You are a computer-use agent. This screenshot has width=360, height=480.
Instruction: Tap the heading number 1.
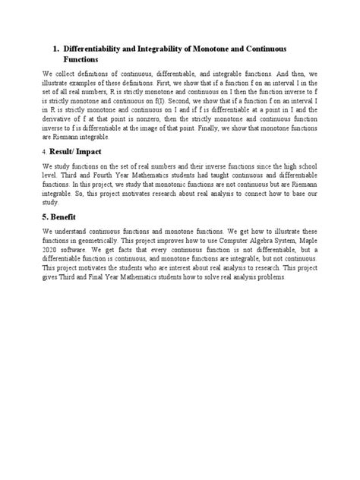tap(56, 47)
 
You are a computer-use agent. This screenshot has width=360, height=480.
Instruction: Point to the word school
tap(287, 166)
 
